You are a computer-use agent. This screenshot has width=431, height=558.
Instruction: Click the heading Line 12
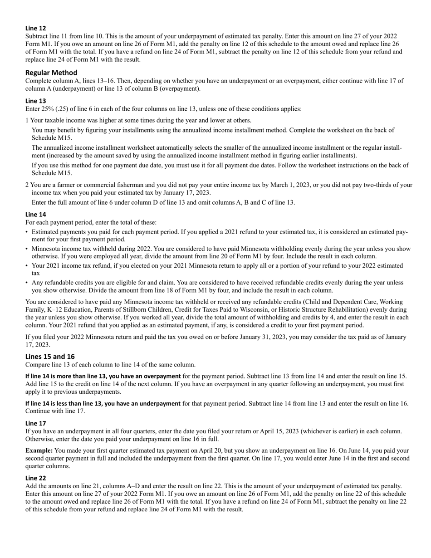tap(35, 28)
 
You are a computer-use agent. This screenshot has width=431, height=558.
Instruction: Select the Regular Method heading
tap(51, 73)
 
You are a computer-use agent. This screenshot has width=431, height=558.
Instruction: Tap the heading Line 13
tap(35, 101)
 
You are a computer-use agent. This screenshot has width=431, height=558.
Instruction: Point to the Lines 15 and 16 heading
tap(50, 357)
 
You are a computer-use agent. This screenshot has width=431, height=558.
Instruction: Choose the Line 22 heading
tap(35, 478)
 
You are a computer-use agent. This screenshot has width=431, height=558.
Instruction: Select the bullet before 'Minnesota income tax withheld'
tap(27, 249)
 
